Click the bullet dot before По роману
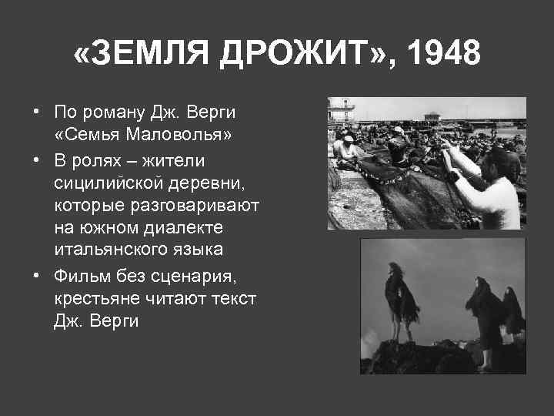click(x=36, y=112)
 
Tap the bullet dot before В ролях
click(x=36, y=160)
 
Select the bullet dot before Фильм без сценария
click(x=36, y=275)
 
